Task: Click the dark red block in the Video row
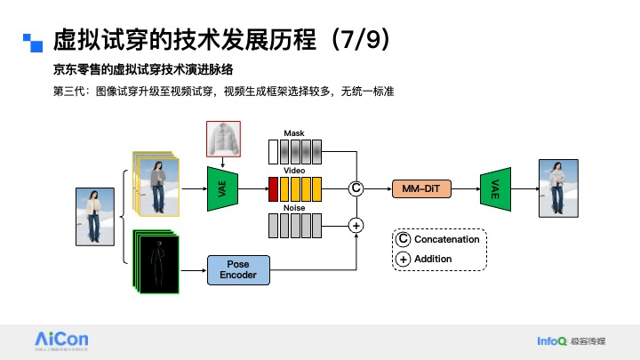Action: point(274,188)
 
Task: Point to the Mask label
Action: point(294,132)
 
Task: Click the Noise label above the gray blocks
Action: point(294,207)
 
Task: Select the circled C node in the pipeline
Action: point(356,188)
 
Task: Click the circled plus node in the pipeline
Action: point(356,226)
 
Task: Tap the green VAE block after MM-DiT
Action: point(494,188)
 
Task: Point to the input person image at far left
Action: point(93,214)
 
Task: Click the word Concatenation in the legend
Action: point(446,239)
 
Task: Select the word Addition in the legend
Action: point(433,259)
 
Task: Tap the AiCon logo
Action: point(61,340)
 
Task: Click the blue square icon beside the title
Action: point(33,41)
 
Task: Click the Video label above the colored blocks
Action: point(294,170)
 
